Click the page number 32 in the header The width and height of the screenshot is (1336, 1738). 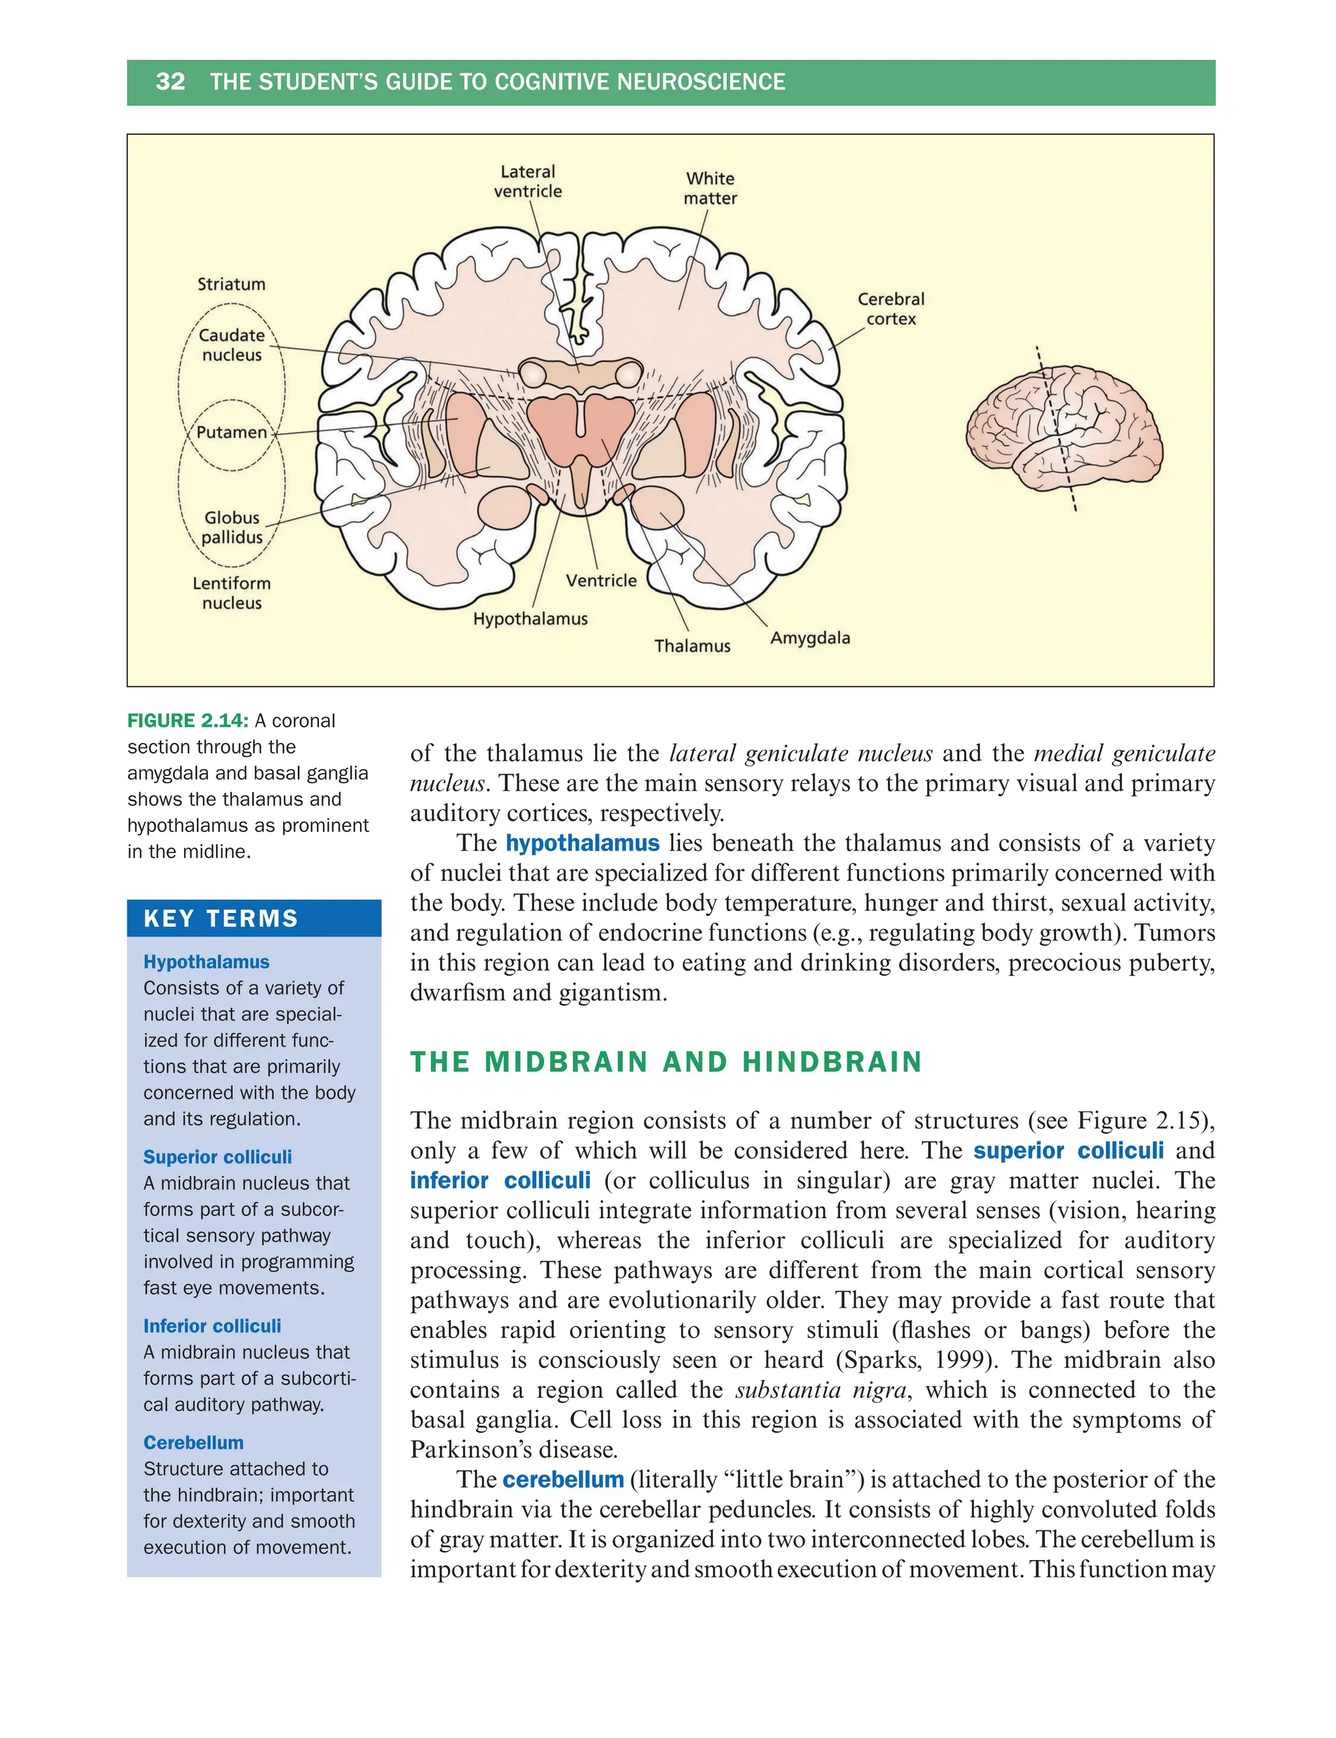tap(170, 82)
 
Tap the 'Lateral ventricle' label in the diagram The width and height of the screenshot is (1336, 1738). tap(527, 181)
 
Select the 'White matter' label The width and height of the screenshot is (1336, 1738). tap(710, 188)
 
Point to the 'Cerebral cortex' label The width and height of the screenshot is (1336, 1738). tap(890, 309)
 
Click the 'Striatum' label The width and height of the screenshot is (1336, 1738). tap(232, 284)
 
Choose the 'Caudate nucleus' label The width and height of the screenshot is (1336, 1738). tap(232, 345)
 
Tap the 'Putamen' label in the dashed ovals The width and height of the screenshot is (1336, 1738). tap(232, 432)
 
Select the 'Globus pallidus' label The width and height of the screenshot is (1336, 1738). tap(232, 527)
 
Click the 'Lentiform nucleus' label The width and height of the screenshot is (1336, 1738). tap(232, 593)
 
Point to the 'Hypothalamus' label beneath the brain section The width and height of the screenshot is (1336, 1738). tap(530, 618)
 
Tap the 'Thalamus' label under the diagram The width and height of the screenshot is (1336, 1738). tap(692, 646)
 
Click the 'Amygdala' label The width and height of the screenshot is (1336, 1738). tap(810, 638)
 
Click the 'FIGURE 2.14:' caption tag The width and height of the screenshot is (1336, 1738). tap(188, 721)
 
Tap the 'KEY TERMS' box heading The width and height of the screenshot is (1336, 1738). tap(220, 919)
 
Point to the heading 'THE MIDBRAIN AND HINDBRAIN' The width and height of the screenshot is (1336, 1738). tap(665, 1062)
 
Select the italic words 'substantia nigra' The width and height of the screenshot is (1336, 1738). tap(821, 1390)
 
